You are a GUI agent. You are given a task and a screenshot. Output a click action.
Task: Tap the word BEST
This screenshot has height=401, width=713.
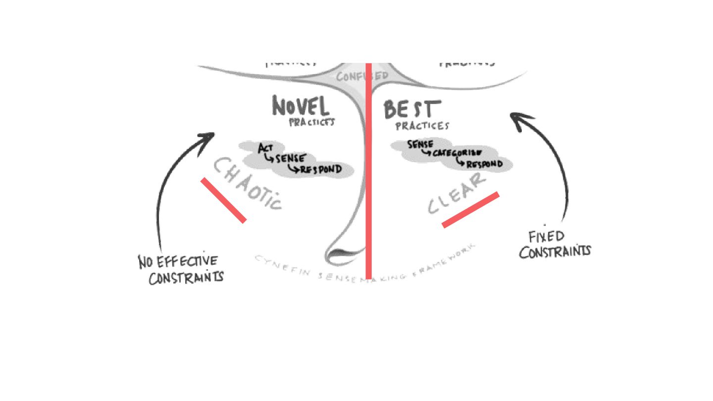411,109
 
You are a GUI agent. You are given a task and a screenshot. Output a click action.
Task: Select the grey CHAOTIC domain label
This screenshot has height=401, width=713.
247,184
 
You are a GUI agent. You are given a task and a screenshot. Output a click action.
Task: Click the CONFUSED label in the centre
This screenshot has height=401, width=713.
362,76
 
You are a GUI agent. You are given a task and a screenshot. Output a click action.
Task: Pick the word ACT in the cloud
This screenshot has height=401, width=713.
265,148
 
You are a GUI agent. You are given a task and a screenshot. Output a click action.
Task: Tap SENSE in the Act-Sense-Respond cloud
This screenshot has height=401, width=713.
291,158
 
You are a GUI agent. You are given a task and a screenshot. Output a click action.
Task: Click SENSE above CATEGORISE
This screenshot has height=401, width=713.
420,144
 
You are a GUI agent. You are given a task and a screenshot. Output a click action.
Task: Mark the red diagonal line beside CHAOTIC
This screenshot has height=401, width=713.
223,200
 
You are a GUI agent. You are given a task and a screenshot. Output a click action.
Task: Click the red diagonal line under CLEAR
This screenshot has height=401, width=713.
470,209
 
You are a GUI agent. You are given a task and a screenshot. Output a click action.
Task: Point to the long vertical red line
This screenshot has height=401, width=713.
368,173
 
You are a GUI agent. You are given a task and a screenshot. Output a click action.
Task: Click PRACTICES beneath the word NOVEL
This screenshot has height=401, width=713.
311,122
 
